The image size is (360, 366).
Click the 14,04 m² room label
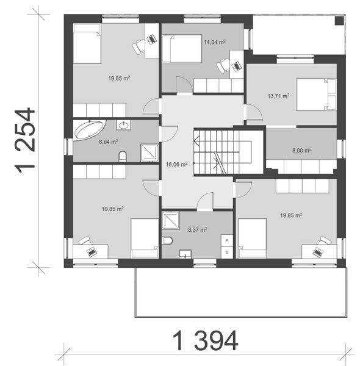(x=214, y=42)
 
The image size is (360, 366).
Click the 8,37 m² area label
(x=197, y=229)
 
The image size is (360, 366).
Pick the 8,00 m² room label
(x=301, y=149)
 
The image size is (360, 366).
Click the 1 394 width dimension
(x=205, y=342)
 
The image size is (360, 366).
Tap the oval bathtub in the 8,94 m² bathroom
(x=89, y=129)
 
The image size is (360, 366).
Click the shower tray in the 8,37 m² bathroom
(x=170, y=221)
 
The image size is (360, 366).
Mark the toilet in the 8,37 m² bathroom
(x=168, y=242)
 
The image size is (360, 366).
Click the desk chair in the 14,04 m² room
(x=225, y=63)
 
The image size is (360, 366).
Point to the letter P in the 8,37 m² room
(x=227, y=241)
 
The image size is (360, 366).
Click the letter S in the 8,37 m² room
(x=227, y=251)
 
